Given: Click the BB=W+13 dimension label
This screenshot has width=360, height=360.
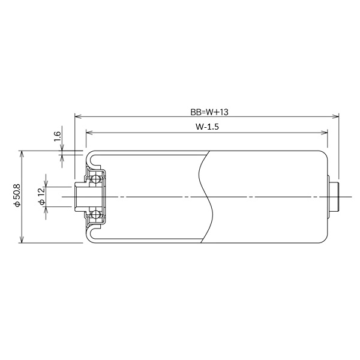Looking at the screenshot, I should (x=206, y=111).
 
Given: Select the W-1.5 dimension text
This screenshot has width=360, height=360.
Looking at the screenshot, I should (x=206, y=127).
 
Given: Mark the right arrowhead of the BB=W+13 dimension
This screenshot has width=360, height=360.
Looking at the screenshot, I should (x=337, y=116).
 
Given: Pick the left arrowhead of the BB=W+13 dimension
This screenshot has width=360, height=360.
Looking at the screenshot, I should (x=76, y=116).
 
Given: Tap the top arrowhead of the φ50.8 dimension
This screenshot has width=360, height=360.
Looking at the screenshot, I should (x=22, y=153).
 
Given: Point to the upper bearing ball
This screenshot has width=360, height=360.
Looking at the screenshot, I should (x=95, y=179).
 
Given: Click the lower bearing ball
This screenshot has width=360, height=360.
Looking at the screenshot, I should (x=95, y=214).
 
